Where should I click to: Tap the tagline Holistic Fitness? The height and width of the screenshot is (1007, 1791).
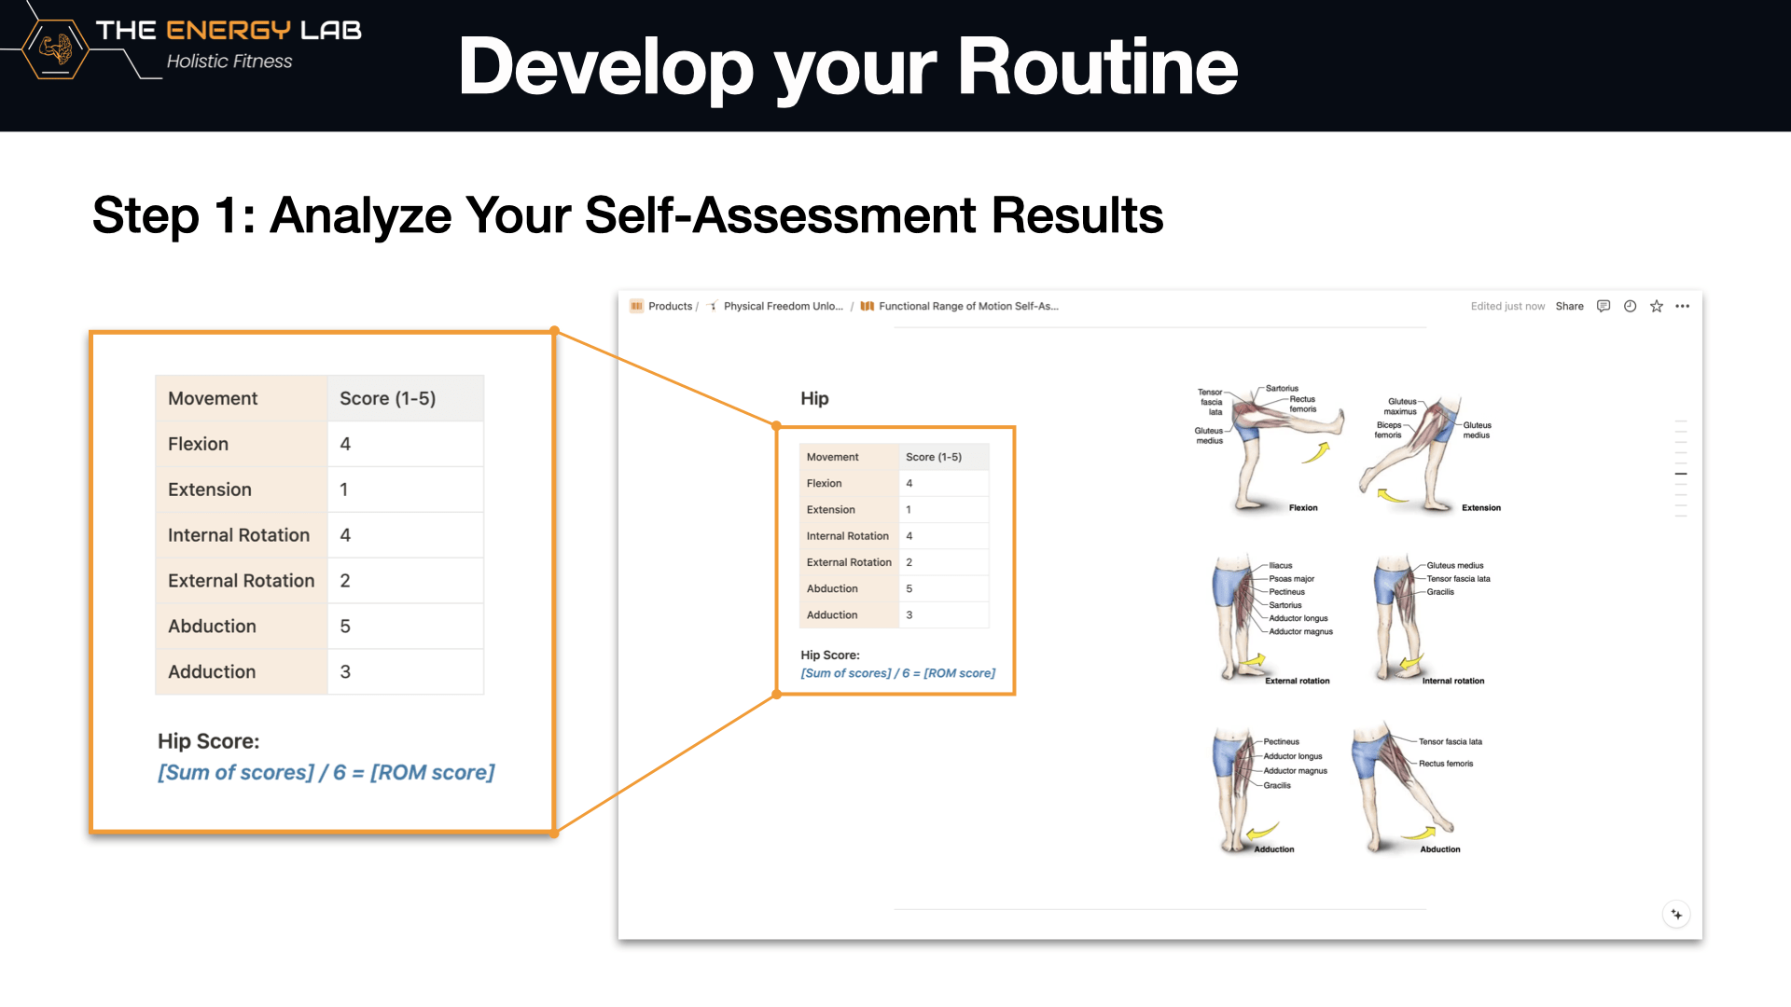(x=229, y=62)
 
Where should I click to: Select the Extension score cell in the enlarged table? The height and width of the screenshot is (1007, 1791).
(x=406, y=490)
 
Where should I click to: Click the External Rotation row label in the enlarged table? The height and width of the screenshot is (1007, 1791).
(x=242, y=581)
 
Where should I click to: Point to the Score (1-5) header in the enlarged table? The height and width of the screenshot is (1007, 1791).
(x=388, y=398)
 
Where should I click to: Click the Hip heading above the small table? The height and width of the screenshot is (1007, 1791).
(x=814, y=398)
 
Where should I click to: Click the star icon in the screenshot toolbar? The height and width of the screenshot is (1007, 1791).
(x=1657, y=306)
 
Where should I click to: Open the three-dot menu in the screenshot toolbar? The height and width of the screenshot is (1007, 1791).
(x=1683, y=306)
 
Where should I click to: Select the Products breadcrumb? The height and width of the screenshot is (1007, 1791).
(x=670, y=306)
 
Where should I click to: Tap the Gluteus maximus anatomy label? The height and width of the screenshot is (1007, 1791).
(x=1400, y=407)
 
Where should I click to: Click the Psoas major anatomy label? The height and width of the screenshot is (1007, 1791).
(x=1291, y=579)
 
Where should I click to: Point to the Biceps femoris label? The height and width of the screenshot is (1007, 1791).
(x=1388, y=430)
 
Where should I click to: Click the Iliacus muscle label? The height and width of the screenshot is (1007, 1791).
(x=1281, y=566)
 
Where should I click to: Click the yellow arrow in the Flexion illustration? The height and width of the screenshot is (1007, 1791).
(x=1316, y=453)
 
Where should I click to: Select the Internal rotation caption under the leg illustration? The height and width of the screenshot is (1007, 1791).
(x=1453, y=681)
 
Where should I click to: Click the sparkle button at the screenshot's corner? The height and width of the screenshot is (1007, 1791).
(x=1676, y=915)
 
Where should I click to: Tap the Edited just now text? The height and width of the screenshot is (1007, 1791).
(x=1507, y=306)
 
